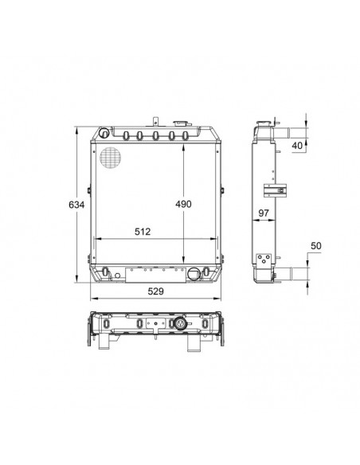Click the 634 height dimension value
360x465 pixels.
tap(76, 205)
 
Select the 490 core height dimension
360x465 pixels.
tap(183, 204)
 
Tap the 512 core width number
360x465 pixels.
tap(143, 232)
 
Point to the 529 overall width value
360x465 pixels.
tap(155, 291)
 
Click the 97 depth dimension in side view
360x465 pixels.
tap(264, 213)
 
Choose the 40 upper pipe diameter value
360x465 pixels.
tap(297, 145)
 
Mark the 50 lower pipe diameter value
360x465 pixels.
tap(316, 246)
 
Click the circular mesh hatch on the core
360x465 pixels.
tap(111, 158)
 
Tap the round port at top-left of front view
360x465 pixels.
tap(104, 132)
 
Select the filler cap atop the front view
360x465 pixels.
tap(181, 123)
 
